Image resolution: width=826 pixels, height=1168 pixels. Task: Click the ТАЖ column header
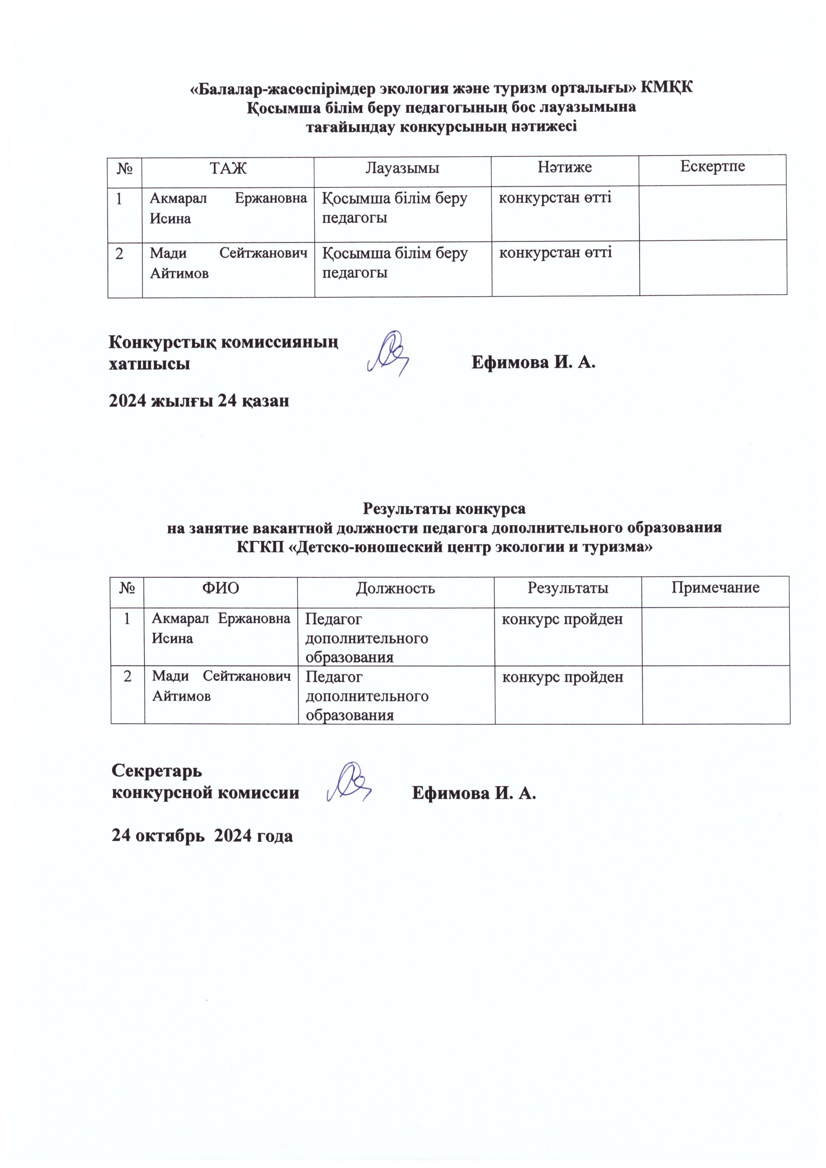(x=228, y=169)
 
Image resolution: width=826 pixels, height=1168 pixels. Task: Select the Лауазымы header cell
(x=402, y=169)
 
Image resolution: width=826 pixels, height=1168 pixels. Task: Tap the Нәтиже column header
(x=565, y=168)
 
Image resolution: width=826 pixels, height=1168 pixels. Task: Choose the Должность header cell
(x=395, y=588)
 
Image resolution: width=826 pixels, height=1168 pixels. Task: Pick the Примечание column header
(x=715, y=587)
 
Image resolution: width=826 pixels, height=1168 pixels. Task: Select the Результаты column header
(x=568, y=588)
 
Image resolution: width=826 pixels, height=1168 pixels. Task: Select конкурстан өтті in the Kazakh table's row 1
(x=555, y=197)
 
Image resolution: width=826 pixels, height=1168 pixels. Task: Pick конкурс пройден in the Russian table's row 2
(x=563, y=677)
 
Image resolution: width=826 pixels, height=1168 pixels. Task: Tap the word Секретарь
(x=157, y=771)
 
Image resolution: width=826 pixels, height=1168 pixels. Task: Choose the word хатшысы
(x=150, y=364)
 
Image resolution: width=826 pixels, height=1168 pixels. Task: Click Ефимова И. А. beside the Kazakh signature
(x=534, y=363)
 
